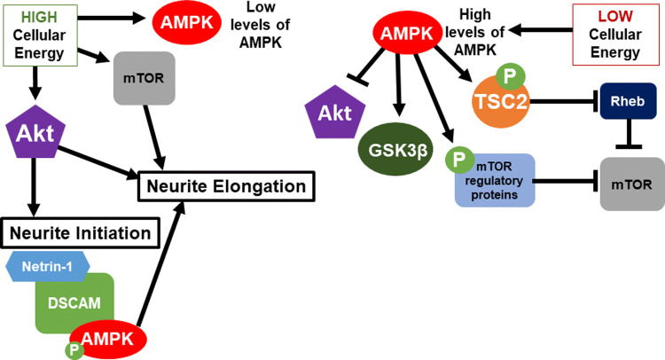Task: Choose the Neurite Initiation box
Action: pos(81,235)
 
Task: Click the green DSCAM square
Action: pos(74,301)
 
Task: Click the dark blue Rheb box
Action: pos(629,102)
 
